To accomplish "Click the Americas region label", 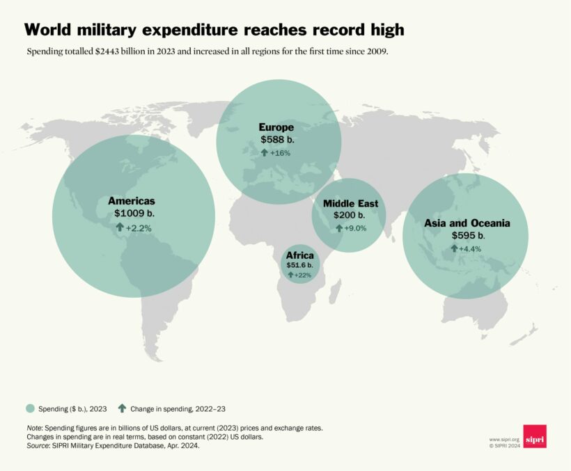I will [x=132, y=200].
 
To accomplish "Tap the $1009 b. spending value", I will [x=133, y=214].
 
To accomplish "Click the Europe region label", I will [x=276, y=127].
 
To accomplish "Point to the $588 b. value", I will [x=276, y=140].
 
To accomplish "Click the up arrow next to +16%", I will [x=264, y=152].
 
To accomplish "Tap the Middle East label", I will [x=350, y=204].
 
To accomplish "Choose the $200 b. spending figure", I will [x=348, y=216].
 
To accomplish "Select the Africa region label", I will [x=300, y=255].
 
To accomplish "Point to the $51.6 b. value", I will [x=300, y=265].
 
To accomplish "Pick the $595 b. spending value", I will [x=467, y=236].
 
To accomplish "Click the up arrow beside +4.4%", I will [x=453, y=248].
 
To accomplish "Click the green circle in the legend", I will [x=30, y=408].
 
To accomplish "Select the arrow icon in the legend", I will [x=122, y=408].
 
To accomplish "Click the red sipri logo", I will [x=535, y=436].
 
